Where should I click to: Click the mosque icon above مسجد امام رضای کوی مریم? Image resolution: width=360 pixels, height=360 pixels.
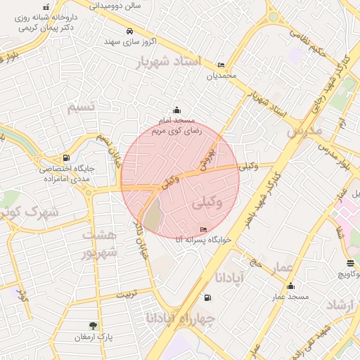click(x=176, y=110)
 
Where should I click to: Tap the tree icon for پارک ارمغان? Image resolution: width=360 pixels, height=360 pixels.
click(x=92, y=325)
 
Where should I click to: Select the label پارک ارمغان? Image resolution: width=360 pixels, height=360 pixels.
click(x=94, y=337)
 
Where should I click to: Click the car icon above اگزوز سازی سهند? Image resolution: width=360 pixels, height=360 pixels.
click(x=129, y=31)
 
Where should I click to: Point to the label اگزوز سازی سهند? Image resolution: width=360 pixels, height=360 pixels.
click(x=130, y=42)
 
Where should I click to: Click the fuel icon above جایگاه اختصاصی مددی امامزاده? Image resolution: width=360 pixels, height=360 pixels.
click(x=66, y=157)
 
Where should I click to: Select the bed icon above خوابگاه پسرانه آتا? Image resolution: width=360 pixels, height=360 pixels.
click(x=204, y=229)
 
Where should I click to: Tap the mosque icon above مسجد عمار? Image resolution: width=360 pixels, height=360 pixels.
click(x=291, y=285)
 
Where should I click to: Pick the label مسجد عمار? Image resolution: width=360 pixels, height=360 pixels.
click(x=291, y=297)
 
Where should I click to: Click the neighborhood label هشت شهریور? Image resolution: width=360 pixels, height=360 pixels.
click(x=98, y=243)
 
